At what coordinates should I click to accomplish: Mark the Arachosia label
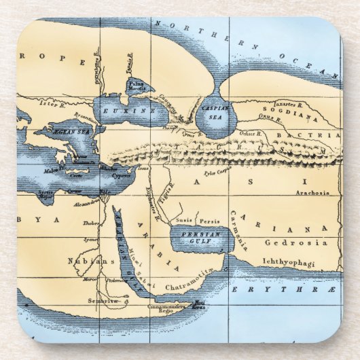tap(312, 193)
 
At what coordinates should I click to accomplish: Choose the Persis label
tap(209, 221)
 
